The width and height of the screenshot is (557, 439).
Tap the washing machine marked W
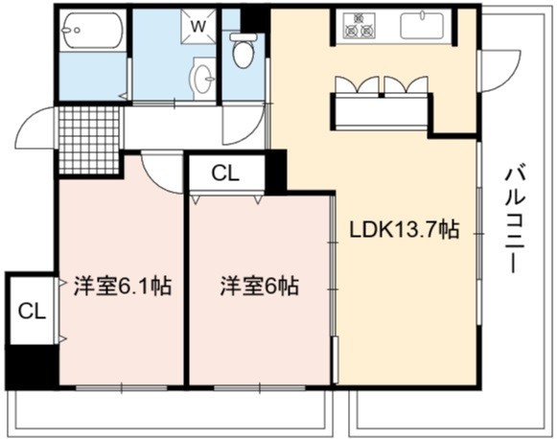pyautogui.click(x=198, y=26)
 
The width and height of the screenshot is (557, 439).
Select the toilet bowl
pyautogui.click(x=244, y=50)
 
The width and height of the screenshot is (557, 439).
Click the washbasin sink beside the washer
pyautogui.click(x=203, y=79)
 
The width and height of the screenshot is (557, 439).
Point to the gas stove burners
pyautogui.click(x=359, y=26)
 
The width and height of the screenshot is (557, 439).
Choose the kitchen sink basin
pyautogui.click(x=422, y=26)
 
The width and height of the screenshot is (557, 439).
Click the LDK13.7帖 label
pyautogui.click(x=405, y=229)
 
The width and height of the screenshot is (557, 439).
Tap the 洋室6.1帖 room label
pyautogui.click(x=123, y=286)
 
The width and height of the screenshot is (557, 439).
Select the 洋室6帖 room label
pyautogui.click(x=260, y=286)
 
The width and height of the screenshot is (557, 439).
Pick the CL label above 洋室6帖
pyautogui.click(x=225, y=173)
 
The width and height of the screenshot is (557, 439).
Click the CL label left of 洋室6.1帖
pyautogui.click(x=32, y=312)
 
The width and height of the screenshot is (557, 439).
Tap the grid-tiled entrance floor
pyautogui.click(x=89, y=140)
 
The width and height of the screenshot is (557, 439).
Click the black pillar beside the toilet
pyautogui.click(x=255, y=20)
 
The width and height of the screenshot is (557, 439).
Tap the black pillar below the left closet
pyautogui.click(x=32, y=367)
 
